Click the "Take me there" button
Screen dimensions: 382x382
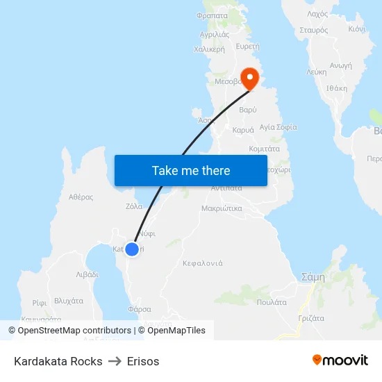(190, 170)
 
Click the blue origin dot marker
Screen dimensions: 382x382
(131, 249)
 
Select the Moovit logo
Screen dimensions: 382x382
(340, 360)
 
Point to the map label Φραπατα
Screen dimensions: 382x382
(213, 15)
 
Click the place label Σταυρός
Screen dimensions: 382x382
(313, 30)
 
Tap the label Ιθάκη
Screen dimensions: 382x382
(336, 88)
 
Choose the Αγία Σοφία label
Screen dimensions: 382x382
(278, 127)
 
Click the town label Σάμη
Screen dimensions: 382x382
(313, 276)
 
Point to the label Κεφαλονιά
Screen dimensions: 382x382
(202, 263)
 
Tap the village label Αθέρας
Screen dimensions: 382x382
(81, 197)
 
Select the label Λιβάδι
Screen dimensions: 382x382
(86, 274)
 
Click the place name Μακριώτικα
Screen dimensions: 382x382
(221, 208)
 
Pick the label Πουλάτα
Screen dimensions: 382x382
(272, 302)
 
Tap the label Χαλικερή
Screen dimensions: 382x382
(209, 49)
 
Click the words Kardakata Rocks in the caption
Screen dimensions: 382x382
(58, 361)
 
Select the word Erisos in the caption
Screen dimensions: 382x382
(143, 361)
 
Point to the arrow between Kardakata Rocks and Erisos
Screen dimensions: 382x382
(115, 361)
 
